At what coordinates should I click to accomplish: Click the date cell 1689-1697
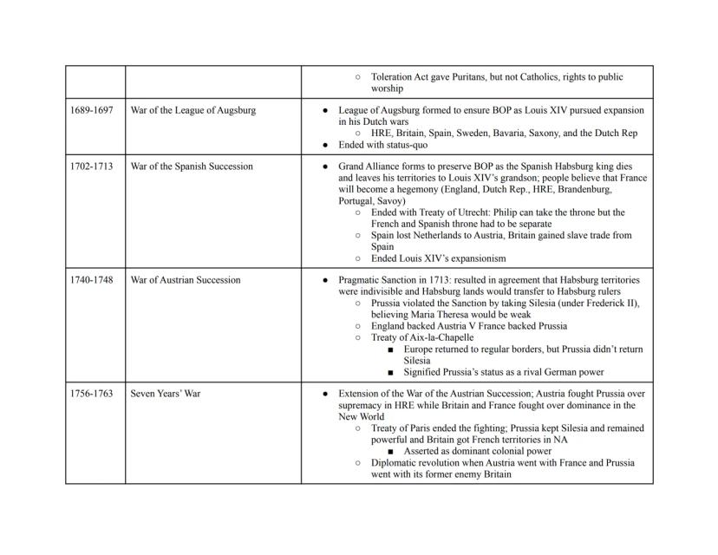[91, 111]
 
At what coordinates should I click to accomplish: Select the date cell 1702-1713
[91, 166]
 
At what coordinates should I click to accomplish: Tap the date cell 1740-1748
[91, 280]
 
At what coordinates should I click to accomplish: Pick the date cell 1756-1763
[91, 394]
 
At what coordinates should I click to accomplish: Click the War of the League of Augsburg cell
[193, 111]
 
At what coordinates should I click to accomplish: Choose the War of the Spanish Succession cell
[192, 166]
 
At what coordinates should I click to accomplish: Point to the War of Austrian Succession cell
[186, 280]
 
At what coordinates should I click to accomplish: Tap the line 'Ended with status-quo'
[384, 145]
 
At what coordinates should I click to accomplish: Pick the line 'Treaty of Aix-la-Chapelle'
[422, 337]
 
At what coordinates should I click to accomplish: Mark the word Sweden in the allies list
[484, 134]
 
